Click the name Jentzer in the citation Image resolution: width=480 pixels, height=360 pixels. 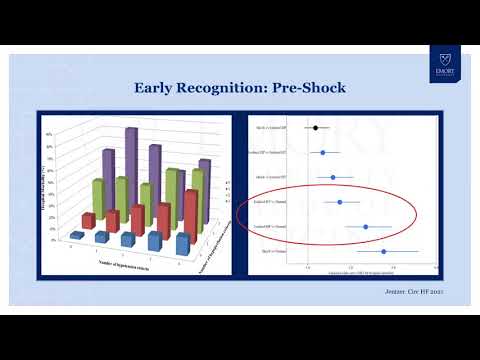[x=399, y=291]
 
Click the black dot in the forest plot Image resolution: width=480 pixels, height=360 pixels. [x=316, y=128]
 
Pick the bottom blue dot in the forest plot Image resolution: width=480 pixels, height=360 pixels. [x=383, y=252]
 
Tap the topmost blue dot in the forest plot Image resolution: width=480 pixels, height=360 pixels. [x=323, y=153]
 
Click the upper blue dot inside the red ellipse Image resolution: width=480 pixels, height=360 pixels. [x=340, y=202]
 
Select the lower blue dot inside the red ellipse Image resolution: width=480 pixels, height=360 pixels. [x=366, y=227]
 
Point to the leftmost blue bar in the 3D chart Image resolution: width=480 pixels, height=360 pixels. [x=77, y=235]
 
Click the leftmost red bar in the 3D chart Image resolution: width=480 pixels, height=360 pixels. [x=89, y=220]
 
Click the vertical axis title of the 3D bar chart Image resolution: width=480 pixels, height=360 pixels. [x=46, y=185]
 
